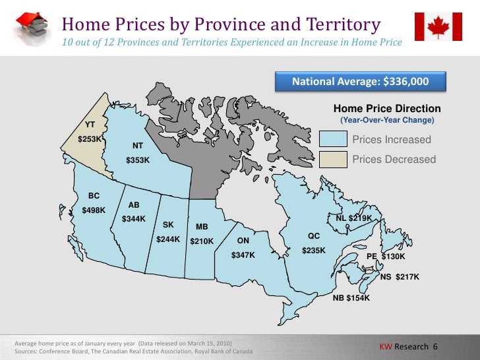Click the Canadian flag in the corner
pos(438,26)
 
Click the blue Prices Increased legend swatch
pos(333,139)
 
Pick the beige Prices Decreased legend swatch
pos(333,159)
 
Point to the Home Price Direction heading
pos(387,109)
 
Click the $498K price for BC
pos(94,210)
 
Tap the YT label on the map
pos(90,125)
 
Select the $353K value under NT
pos(138,160)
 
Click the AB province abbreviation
pos(134,205)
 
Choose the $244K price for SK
pos(168,239)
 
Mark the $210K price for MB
pos(202,241)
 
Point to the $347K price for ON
pos(243,255)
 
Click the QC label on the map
pos(313,236)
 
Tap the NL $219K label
pos(354,218)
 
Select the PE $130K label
pos(386,256)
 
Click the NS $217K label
pos(400,277)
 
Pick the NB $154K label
pos(351,299)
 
